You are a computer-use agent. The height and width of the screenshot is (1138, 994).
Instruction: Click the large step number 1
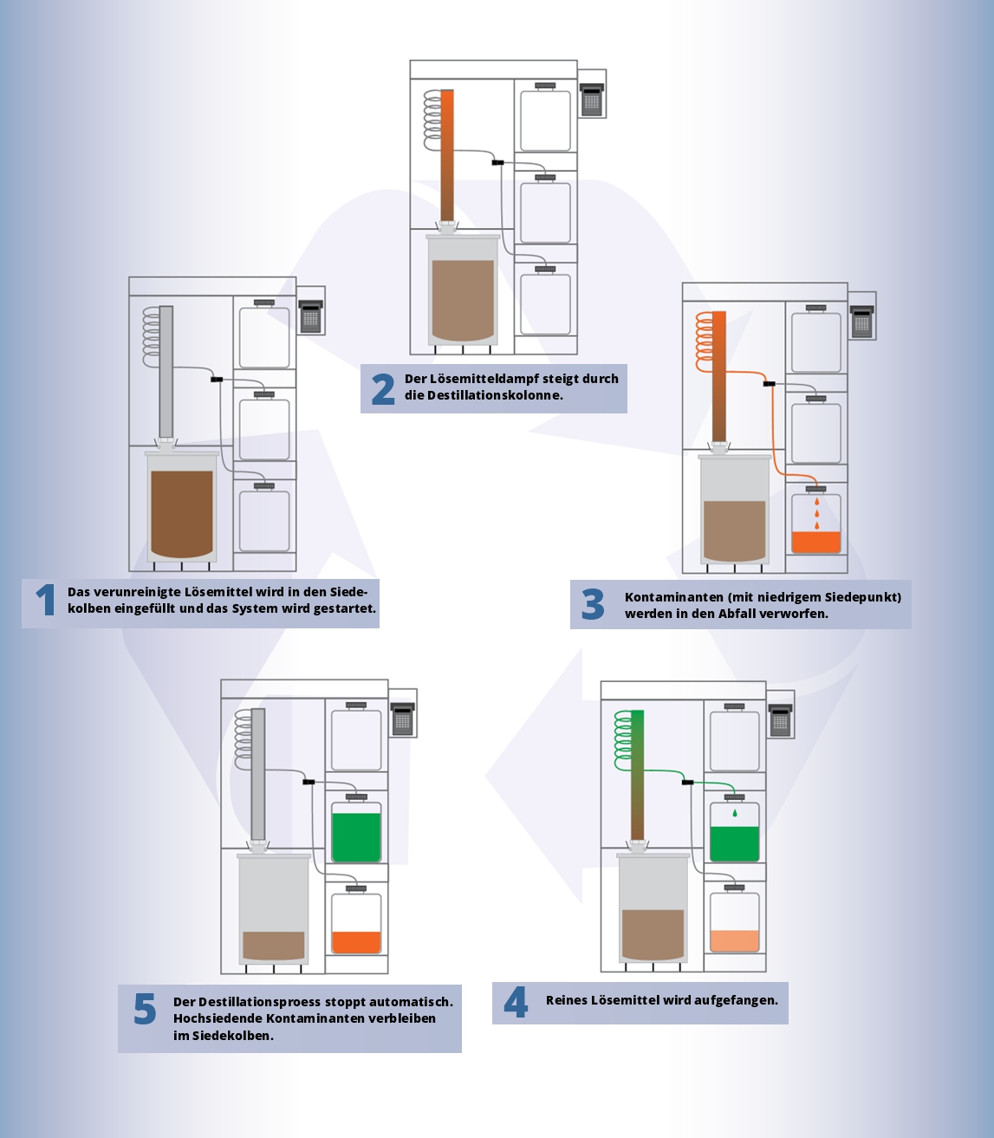(45, 600)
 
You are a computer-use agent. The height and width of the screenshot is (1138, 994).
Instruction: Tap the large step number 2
(383, 388)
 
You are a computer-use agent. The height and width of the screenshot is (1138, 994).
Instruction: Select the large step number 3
(593, 604)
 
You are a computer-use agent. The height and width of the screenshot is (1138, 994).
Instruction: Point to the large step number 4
(516, 1002)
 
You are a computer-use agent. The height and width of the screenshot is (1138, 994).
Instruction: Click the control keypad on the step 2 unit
(592, 100)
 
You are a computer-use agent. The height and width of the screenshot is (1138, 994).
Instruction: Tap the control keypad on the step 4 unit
(780, 720)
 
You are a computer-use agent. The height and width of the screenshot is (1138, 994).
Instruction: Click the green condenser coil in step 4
(622, 740)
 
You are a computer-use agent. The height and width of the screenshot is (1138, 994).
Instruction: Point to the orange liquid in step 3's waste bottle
(816, 542)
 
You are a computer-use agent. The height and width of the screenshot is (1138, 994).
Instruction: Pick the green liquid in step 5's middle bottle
(356, 837)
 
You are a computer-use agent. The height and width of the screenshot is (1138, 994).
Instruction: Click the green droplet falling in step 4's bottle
(735, 813)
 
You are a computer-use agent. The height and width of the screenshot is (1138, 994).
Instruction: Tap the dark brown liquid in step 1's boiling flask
(182, 514)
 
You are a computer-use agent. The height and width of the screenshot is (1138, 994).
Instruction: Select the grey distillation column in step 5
(258, 774)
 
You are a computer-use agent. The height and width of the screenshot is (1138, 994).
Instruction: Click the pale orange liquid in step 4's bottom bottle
(734, 940)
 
